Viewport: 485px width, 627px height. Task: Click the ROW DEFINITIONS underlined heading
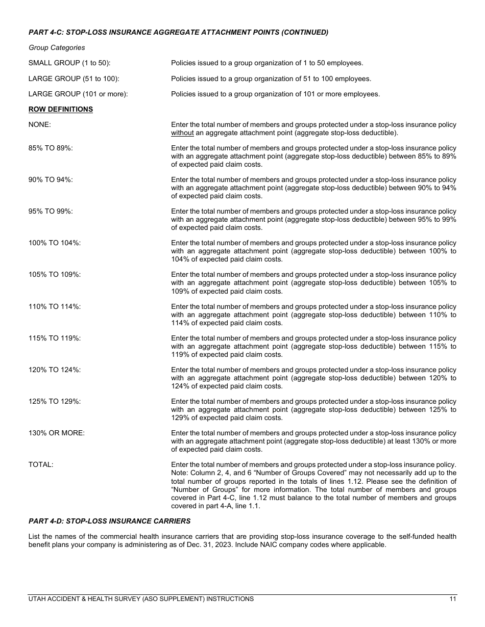click(60, 109)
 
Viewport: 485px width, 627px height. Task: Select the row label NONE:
click(40, 124)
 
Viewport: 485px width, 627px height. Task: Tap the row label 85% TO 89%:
click(51, 148)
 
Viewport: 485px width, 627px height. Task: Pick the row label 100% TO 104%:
click(55, 243)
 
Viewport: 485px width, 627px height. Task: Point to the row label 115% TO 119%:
click(55, 338)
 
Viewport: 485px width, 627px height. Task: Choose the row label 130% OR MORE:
click(57, 433)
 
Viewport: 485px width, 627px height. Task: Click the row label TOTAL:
click(41, 464)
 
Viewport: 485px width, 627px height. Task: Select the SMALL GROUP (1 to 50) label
click(69, 63)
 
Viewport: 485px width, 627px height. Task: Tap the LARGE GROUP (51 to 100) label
click(74, 79)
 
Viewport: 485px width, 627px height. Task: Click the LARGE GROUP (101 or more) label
click(78, 94)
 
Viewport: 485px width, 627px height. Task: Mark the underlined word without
click(182, 133)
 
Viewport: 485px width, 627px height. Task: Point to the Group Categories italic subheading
click(57, 47)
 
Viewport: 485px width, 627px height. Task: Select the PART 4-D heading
click(109, 521)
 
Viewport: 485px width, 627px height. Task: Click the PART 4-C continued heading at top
click(178, 32)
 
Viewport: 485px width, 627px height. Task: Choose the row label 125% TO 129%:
click(55, 401)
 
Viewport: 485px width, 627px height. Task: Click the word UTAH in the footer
click(37, 599)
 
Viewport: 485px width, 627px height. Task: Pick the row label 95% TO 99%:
click(51, 211)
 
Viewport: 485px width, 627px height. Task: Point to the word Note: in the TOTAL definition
click(180, 473)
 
